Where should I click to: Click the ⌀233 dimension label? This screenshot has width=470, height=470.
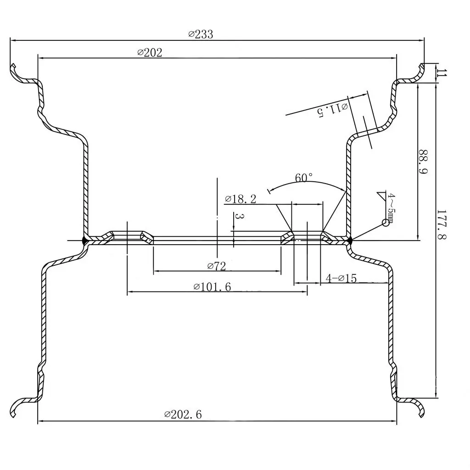[201, 34]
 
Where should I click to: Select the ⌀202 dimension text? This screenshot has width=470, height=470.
[150, 52]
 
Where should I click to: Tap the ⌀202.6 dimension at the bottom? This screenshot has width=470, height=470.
[183, 414]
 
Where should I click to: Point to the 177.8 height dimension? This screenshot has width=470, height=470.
[441, 225]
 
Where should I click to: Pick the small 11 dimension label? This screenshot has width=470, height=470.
[441, 73]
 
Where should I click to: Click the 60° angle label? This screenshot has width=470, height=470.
[304, 178]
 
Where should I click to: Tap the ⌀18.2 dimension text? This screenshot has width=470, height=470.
[241, 199]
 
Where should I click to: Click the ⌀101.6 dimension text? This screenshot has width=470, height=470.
[212, 287]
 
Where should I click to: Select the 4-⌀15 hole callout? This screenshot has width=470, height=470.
[341, 278]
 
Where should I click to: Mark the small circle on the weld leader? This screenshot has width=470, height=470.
[386, 223]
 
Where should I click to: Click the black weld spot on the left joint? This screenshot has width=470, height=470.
[84, 240]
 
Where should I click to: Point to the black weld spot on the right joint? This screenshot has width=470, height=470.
[349, 240]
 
